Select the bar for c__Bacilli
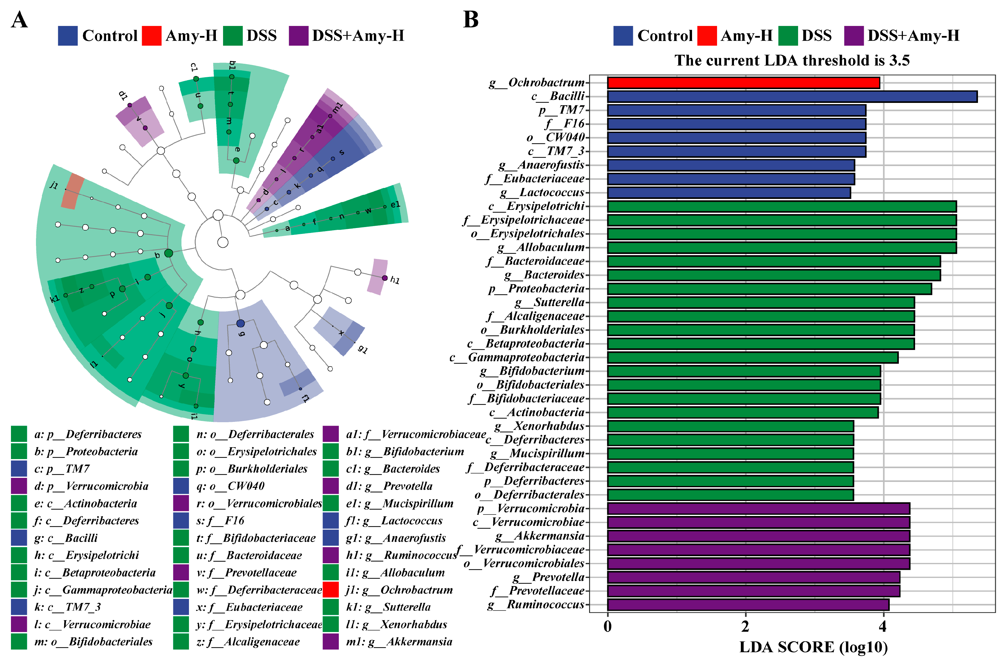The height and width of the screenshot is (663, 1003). pyautogui.click(x=792, y=96)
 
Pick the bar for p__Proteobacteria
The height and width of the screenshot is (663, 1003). pyautogui.click(x=769, y=289)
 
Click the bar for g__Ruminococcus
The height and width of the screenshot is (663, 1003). pyautogui.click(x=748, y=605)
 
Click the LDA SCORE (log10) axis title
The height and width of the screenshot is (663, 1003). pyautogui.click(x=813, y=647)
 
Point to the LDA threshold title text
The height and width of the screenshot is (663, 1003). pyautogui.click(x=792, y=60)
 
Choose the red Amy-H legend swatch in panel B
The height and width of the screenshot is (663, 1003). pyautogui.click(x=706, y=36)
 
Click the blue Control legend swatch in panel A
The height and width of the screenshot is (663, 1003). pyautogui.click(x=68, y=36)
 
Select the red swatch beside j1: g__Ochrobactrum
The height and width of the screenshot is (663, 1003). pyautogui.click(x=330, y=590)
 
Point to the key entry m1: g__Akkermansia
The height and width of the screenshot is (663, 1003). pyautogui.click(x=399, y=642)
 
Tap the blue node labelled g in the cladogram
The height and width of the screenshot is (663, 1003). pyautogui.click(x=240, y=323)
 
